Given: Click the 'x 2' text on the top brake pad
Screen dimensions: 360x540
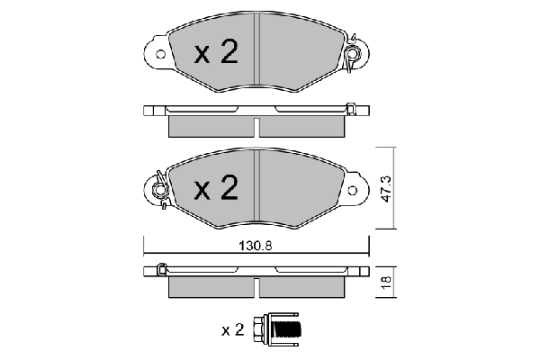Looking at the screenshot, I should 216,54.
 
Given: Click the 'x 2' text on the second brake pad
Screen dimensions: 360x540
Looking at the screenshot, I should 216,189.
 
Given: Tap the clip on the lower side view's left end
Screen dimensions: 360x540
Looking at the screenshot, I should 161,269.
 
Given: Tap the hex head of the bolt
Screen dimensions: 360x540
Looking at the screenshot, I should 263,329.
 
